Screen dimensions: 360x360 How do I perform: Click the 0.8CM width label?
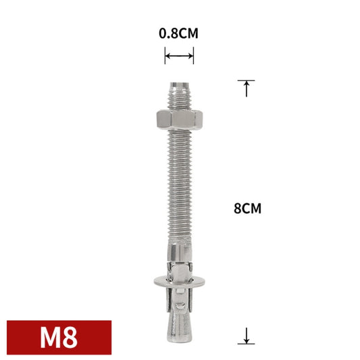click(179, 32)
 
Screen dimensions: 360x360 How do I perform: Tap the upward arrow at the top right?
click(247, 88)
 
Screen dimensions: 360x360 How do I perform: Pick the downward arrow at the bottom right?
click(247, 333)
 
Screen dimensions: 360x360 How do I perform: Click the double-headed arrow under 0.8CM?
click(179, 57)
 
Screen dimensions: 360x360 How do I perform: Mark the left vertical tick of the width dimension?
click(165, 57)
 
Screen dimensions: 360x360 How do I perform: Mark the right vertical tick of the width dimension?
click(193, 57)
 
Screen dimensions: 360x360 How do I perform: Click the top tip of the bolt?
click(179, 82)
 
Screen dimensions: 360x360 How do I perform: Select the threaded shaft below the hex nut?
click(179, 182)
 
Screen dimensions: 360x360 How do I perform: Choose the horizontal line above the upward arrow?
click(247, 80)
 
